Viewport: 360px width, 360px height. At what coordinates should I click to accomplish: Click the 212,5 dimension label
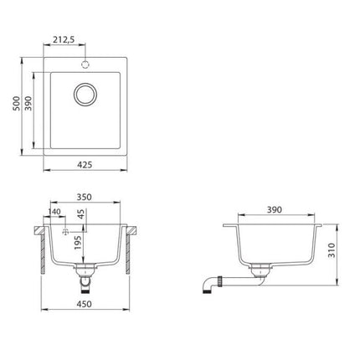[64, 40]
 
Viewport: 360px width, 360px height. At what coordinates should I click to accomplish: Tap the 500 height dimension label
[17, 103]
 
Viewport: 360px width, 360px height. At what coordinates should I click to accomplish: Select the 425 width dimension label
[85, 165]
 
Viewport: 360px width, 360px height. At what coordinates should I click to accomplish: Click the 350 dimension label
[84, 197]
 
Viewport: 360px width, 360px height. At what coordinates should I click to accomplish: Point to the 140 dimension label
[54, 212]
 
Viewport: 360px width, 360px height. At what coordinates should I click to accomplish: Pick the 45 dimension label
[80, 214]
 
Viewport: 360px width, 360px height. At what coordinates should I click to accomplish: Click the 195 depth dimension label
[78, 243]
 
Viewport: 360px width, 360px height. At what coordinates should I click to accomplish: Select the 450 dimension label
[85, 304]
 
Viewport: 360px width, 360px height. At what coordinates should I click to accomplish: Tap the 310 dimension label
[332, 250]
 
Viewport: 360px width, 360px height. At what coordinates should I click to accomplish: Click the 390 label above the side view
[275, 209]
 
